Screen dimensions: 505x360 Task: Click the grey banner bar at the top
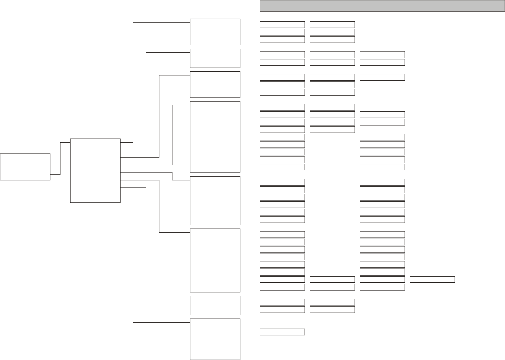(382, 6)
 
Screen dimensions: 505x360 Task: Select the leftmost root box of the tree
(25, 167)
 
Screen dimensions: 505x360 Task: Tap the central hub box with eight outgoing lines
(95, 171)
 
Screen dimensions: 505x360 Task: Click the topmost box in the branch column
(215, 32)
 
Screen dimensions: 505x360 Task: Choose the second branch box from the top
(215, 58)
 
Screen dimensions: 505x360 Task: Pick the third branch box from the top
(215, 84)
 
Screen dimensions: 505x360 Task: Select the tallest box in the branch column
(215, 137)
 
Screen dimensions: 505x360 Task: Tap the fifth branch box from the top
(215, 201)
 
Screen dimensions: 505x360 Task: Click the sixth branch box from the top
(215, 260)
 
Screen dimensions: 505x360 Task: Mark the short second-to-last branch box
(215, 305)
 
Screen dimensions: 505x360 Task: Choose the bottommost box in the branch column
(215, 339)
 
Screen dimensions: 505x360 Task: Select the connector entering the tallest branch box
(172, 134)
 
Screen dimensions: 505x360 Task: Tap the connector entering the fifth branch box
(172, 176)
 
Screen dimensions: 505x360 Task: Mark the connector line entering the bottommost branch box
(133, 261)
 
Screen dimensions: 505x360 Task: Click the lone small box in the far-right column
(432, 279)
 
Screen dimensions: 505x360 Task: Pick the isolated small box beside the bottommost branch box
(282, 332)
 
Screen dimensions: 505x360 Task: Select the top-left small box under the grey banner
(282, 25)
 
